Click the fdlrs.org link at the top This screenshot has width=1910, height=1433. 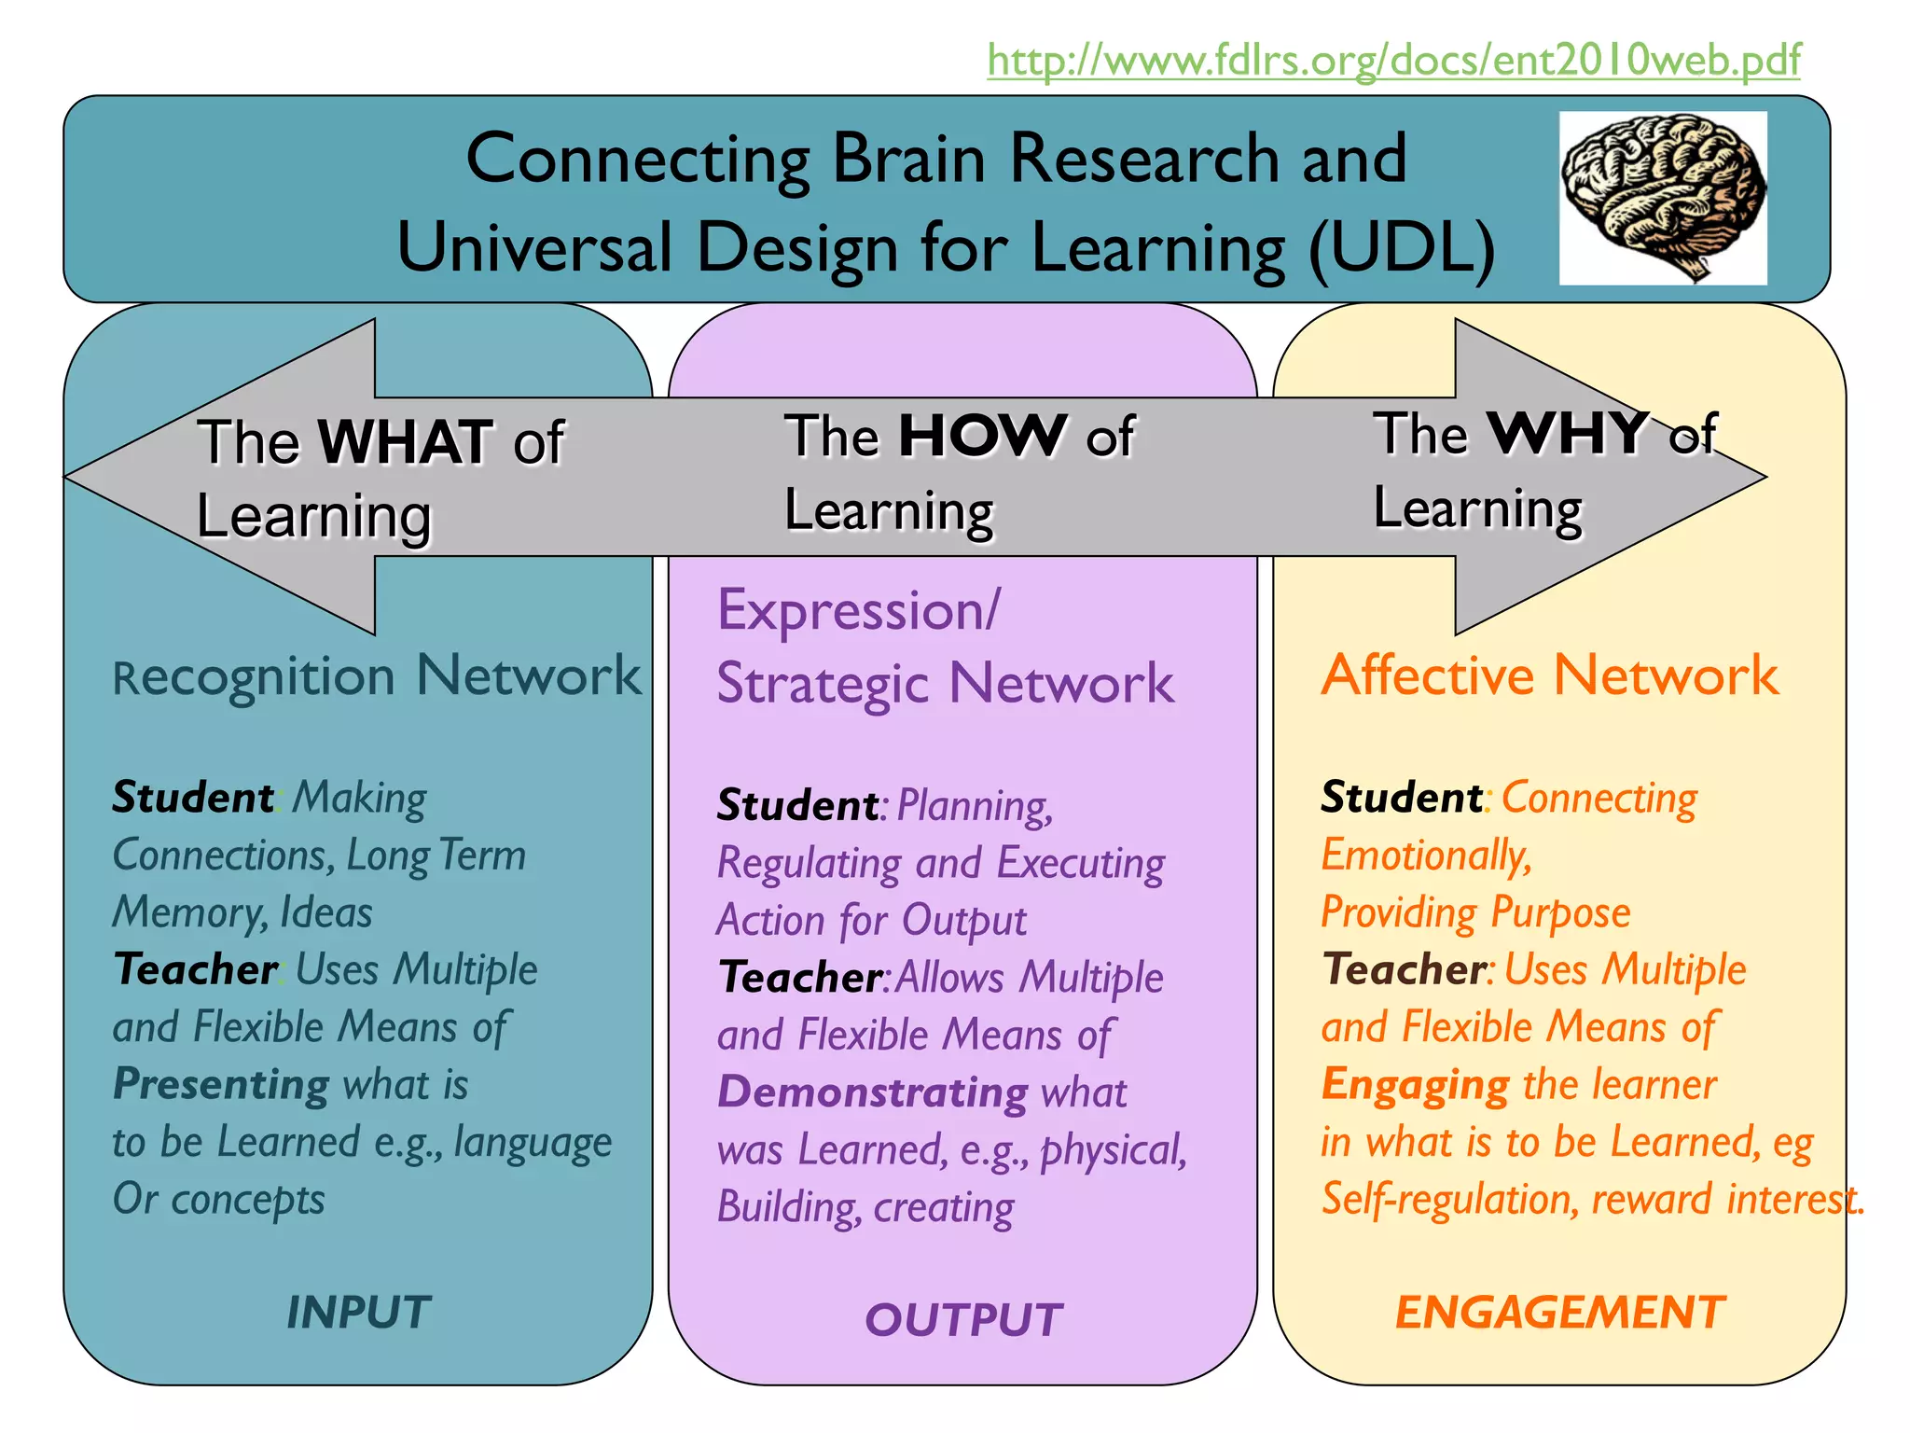coord(1393,61)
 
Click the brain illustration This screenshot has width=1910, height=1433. coord(1663,197)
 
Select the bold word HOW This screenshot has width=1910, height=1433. coord(982,435)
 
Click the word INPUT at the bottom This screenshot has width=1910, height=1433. coord(358,1312)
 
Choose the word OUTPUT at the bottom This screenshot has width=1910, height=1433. coord(963,1319)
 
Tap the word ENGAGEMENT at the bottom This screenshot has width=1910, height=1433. coord(1560,1312)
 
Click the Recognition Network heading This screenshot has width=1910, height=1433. coord(377,675)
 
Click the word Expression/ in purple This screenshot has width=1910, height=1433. coord(858,610)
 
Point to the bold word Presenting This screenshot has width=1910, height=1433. coord(221,1084)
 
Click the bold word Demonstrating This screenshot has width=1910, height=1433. coord(873,1092)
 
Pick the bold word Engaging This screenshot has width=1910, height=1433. coord(1415,1084)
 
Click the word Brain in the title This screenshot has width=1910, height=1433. coord(908,158)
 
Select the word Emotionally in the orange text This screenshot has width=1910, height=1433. coord(1426,855)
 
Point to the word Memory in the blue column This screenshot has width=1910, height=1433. coord(190,912)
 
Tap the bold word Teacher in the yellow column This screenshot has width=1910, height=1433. coord(1402,969)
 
